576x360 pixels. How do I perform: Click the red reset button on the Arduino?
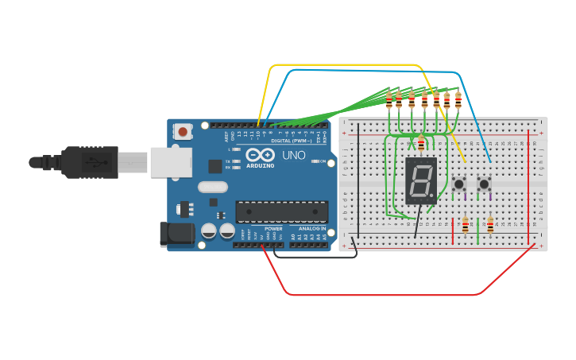pos(183,131)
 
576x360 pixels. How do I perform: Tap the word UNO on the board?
pos(294,155)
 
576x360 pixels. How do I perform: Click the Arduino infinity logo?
pos(260,155)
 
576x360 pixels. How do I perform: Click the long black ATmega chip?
pos(281,211)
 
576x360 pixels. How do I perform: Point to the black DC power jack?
pos(176,233)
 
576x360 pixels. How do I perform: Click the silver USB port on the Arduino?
pos(171,162)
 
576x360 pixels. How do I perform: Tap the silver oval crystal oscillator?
pos(212,188)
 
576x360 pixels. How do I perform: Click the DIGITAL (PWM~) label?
pos(291,141)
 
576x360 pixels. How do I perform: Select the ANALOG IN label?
pos(309,229)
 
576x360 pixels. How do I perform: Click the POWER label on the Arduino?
pos(273,229)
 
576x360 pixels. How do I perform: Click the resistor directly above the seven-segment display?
pos(420,143)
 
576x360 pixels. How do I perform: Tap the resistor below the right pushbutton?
pos(490,226)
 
